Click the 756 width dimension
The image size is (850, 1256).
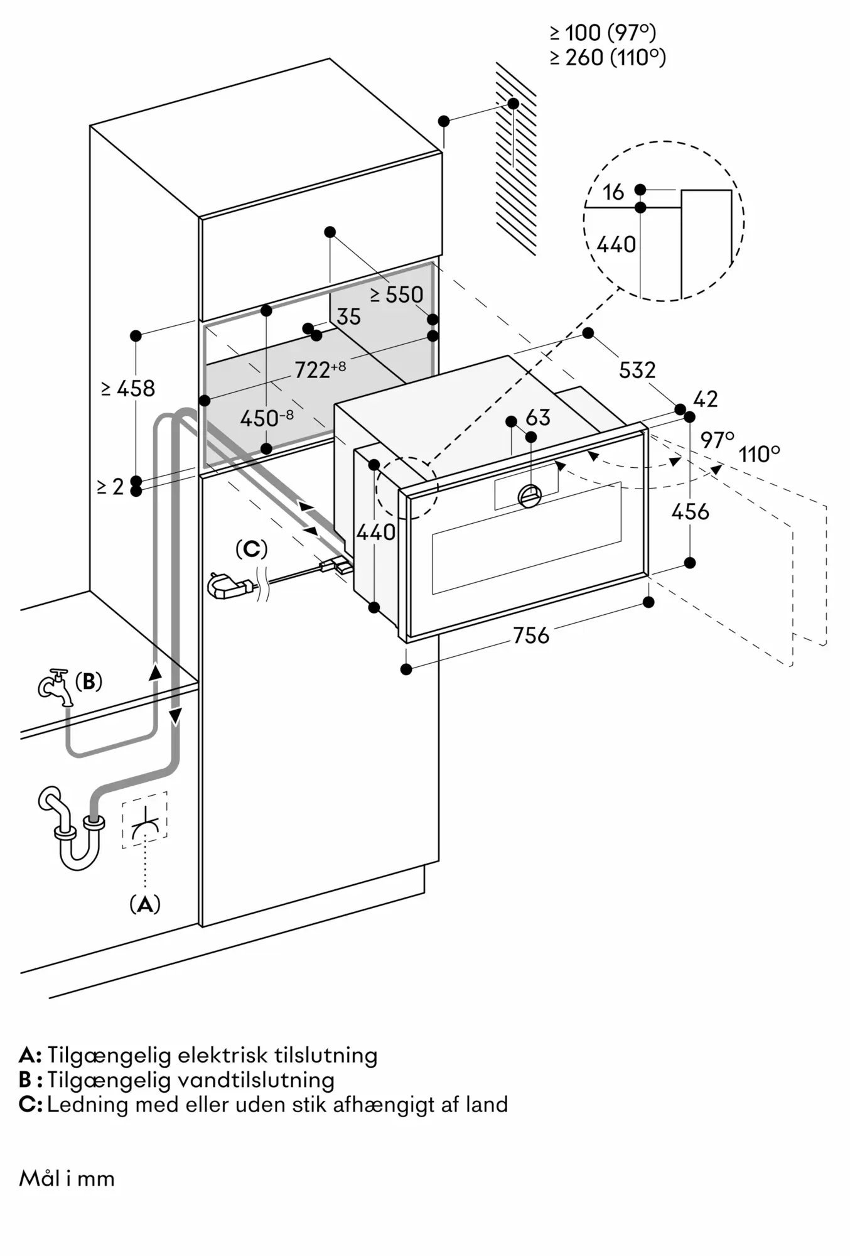coord(531,636)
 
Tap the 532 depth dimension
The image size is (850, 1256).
coord(637,370)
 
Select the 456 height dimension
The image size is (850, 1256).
coord(690,512)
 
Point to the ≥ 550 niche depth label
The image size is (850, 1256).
coord(396,295)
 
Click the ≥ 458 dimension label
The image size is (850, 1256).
coord(128,389)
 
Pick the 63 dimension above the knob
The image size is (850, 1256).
coord(538,418)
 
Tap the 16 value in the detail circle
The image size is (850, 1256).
coord(613,192)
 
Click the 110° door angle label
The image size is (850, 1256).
coord(759,453)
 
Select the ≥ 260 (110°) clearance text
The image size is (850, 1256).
coord(608,58)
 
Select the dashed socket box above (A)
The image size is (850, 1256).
coord(145,820)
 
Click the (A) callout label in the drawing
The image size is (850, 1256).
coord(145,904)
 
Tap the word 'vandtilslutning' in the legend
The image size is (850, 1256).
coord(256,1080)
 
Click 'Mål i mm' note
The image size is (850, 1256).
coord(67,1179)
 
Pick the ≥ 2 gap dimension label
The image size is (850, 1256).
coord(110,487)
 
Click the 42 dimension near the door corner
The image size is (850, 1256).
coord(706,399)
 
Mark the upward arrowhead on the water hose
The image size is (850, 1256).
coord(154,671)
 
